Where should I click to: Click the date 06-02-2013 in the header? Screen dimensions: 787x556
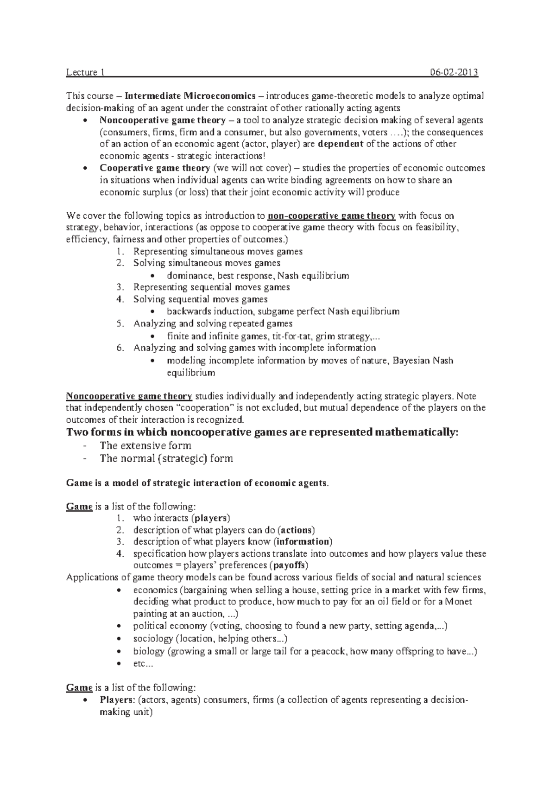pyautogui.click(x=454, y=72)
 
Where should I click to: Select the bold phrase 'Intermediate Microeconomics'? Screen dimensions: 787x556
pyautogui.click(x=190, y=96)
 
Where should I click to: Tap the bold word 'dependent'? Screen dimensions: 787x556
pyautogui.click(x=341, y=144)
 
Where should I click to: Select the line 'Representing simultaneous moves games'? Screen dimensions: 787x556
pyautogui.click(x=218, y=252)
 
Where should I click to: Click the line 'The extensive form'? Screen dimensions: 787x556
pyautogui.click(x=145, y=445)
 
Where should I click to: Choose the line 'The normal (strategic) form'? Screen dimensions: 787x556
pyautogui.click(x=166, y=459)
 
